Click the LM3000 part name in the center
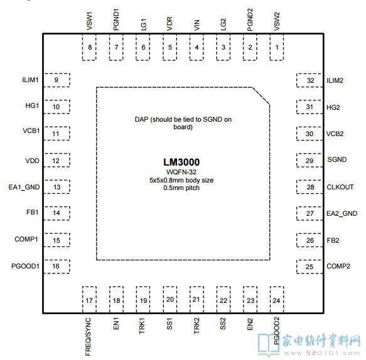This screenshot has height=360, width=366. [181, 162]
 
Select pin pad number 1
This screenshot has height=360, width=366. [277, 47]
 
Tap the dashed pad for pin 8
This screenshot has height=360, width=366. [89, 47]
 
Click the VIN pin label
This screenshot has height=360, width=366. [196, 25]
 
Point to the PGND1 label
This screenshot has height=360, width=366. [116, 19]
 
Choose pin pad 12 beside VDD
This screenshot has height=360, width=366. [57, 160]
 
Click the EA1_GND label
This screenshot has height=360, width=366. [24, 188]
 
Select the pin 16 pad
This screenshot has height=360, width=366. [57, 267]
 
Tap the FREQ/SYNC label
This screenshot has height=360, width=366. [88, 337]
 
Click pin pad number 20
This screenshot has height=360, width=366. [170, 300]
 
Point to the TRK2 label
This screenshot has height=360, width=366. [196, 326]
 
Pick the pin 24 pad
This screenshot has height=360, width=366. [277, 300]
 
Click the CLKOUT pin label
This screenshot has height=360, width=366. [340, 187]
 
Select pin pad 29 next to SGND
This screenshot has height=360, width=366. [309, 160]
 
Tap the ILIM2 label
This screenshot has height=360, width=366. [335, 80]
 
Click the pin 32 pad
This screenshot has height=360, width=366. [309, 80]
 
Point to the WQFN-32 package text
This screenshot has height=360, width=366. [181, 172]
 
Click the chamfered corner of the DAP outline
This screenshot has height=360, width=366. [261, 96]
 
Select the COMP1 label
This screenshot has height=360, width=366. [26, 239]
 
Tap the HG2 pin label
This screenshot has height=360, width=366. [333, 107]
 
